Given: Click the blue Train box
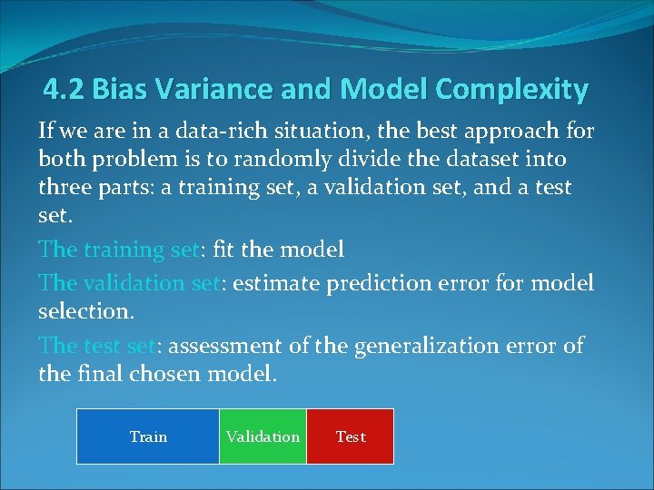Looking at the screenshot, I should click(x=148, y=436).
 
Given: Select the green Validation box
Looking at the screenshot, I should click(x=263, y=436).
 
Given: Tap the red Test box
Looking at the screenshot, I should click(x=351, y=436).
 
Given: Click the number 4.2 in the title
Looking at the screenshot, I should click(x=64, y=90).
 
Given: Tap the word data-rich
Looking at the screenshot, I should click(x=193, y=132).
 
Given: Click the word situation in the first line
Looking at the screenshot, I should click(x=292, y=132).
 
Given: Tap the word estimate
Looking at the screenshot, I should click(x=274, y=283).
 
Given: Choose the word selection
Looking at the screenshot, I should click(x=85, y=311).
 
